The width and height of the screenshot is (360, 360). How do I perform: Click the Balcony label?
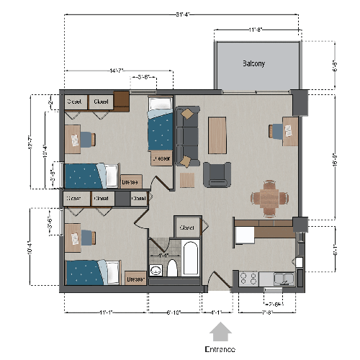coord(253,63)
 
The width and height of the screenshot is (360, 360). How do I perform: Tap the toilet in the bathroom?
coord(172,270)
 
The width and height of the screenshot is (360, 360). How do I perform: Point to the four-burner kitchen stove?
coord(249,277)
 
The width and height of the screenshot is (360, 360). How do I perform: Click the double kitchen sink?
coord(284,278)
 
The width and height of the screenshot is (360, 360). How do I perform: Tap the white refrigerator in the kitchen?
coord(245,235)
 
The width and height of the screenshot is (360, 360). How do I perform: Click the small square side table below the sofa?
coord(187,179)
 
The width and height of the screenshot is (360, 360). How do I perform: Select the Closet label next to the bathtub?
coord(187,227)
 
